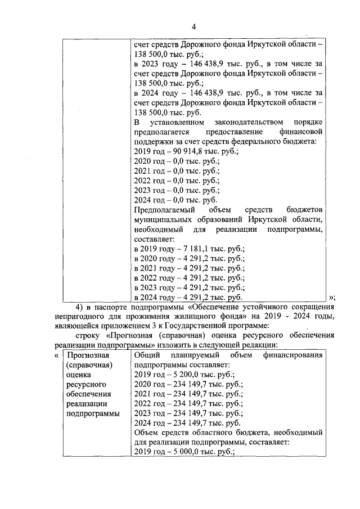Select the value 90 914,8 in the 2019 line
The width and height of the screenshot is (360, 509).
(186, 151)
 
